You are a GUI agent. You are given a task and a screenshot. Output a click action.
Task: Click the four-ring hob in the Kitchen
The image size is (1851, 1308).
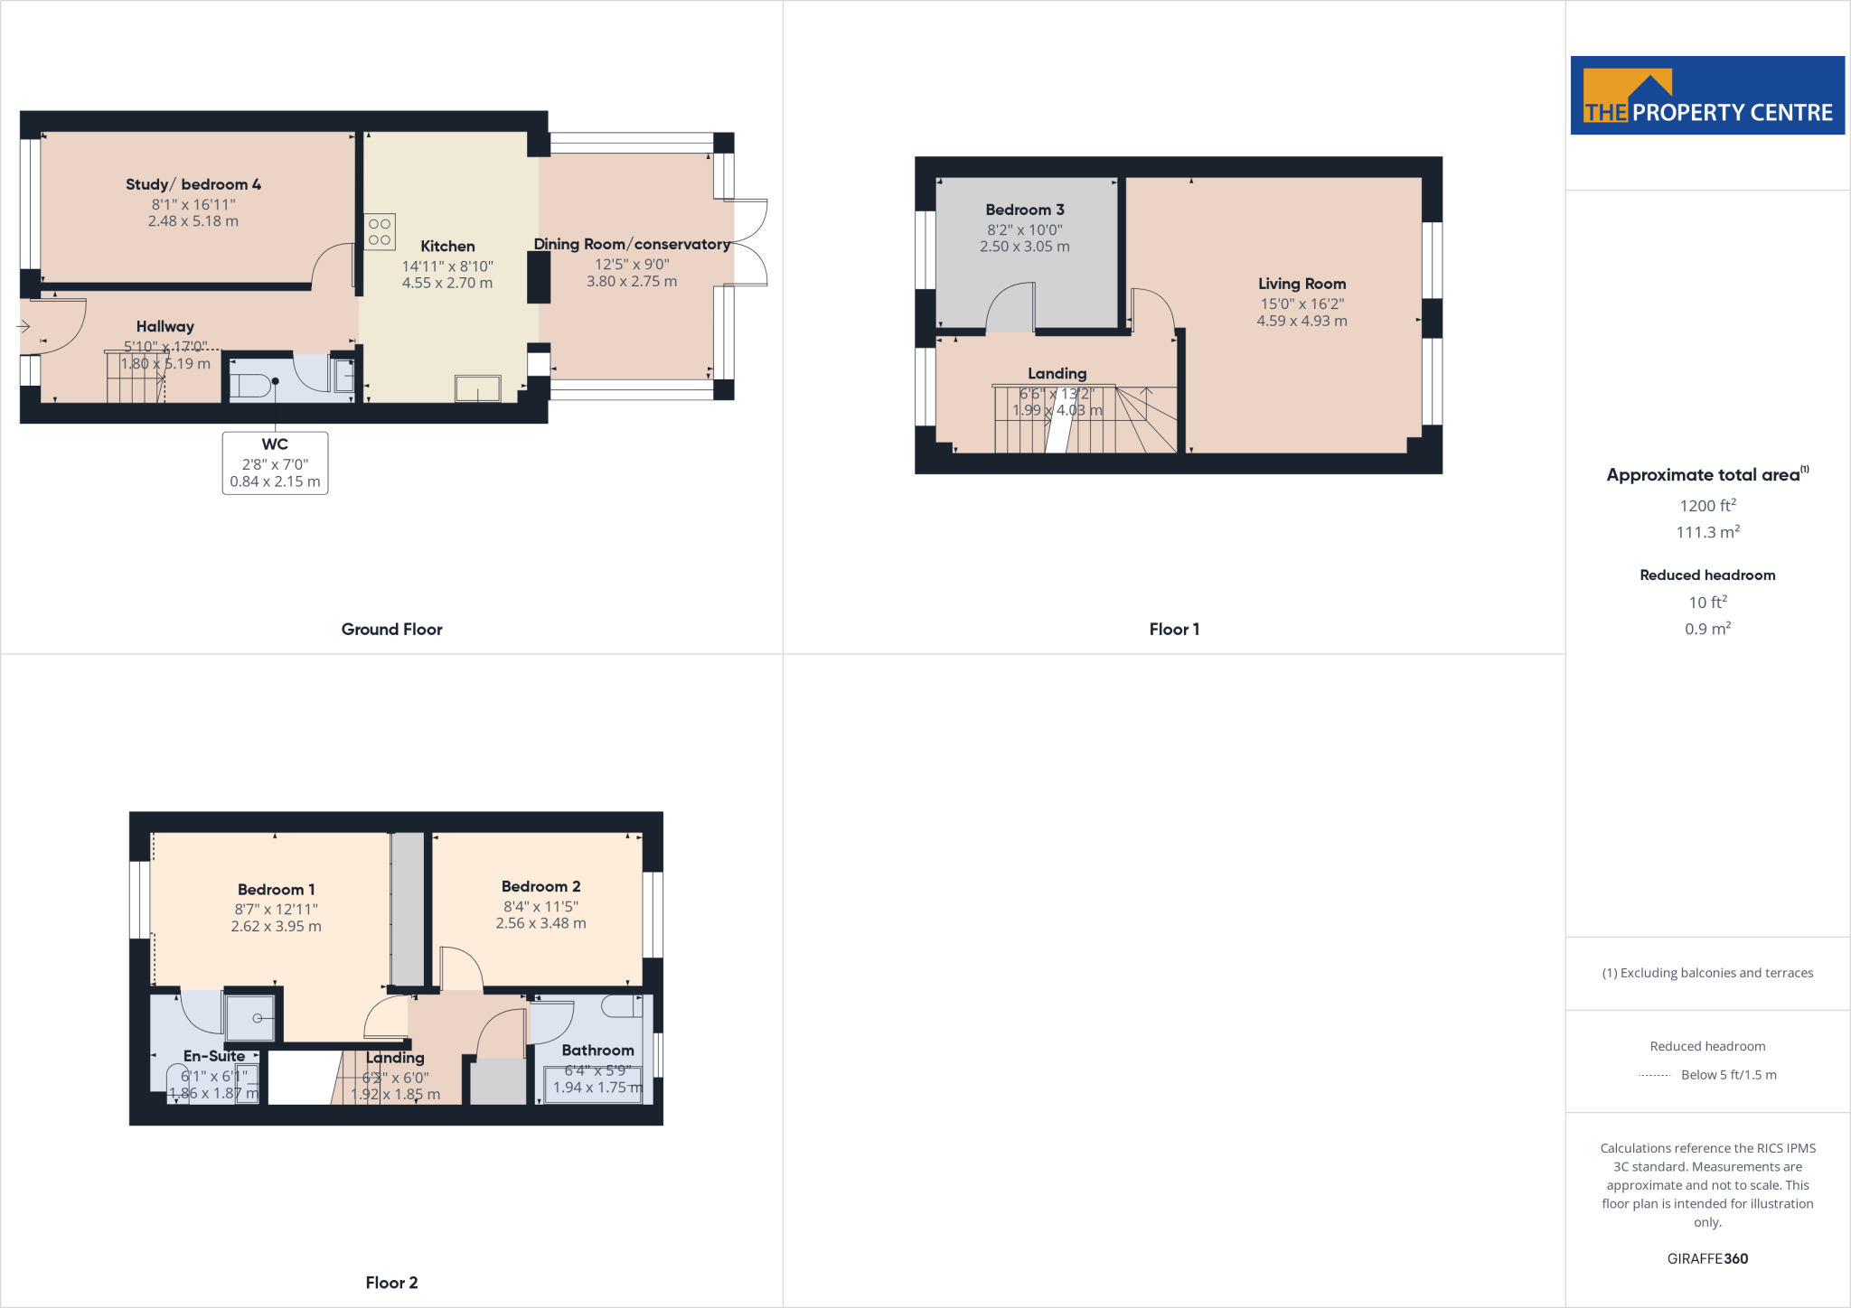[380, 231]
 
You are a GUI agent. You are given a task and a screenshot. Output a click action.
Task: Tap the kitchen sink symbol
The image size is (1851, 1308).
[477, 389]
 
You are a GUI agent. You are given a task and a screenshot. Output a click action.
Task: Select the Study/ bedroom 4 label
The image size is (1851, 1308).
[193, 184]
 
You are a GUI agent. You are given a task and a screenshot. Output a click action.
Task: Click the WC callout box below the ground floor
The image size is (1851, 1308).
[275, 462]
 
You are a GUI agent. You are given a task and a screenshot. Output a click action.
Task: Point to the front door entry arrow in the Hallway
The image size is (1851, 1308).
[24, 326]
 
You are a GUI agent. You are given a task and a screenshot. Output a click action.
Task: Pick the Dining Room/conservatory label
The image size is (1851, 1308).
[632, 245]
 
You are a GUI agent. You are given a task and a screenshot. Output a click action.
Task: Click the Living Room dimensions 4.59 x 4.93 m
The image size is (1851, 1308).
[1301, 322]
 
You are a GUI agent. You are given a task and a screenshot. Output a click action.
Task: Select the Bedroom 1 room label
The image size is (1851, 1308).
[276, 890]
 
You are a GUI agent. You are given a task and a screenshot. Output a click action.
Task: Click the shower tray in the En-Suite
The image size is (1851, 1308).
[249, 1018]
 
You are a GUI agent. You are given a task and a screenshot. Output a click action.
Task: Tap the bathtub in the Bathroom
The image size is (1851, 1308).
[593, 1084]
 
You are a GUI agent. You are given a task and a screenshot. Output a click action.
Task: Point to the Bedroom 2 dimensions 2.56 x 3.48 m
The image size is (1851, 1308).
[540, 923]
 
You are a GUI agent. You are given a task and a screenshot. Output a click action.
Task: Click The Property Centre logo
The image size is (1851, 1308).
[1707, 96]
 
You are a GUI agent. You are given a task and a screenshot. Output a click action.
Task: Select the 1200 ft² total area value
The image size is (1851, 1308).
[1707, 506]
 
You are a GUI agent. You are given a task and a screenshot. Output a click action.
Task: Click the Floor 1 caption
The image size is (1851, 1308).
[1174, 630]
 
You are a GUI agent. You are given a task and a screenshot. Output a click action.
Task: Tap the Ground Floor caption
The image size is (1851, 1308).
[391, 630]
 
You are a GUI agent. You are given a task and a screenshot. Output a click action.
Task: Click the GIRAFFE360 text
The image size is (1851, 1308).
[1707, 1258]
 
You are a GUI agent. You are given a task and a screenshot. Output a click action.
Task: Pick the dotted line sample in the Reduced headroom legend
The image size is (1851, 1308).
[1654, 1075]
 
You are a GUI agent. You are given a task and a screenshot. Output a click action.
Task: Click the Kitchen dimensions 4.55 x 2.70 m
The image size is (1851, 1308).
[447, 284]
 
